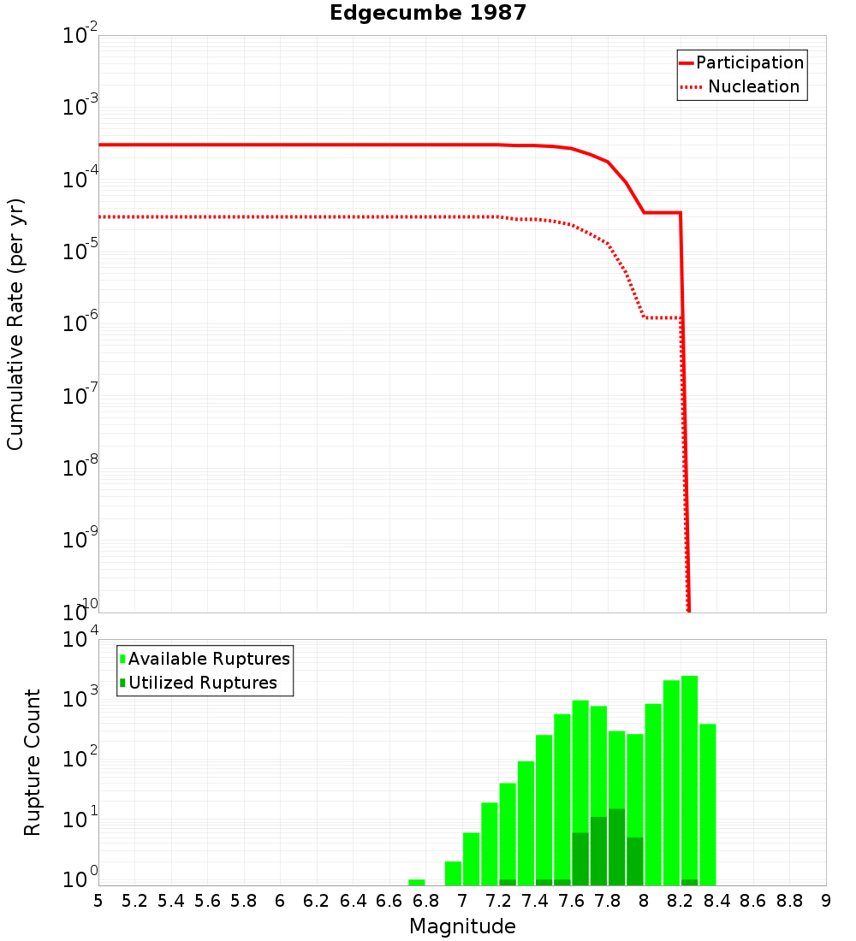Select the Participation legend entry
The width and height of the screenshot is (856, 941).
pos(749,62)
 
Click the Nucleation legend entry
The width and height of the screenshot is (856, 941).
pos(753,86)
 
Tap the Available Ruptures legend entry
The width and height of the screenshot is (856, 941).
pos(209,659)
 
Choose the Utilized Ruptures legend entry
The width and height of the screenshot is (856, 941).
pos(202,683)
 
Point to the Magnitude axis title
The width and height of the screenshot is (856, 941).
pos(462,926)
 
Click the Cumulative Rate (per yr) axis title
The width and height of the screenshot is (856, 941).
pos(15,323)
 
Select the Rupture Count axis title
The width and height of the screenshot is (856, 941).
pos(33,762)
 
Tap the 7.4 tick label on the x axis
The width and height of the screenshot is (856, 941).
pos(535,901)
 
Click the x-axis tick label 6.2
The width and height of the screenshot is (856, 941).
pos(317,901)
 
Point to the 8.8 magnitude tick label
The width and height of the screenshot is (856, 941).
pos(789,901)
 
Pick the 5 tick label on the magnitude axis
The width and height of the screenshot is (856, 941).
pos(98,901)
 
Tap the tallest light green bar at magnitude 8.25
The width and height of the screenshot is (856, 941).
pos(690,778)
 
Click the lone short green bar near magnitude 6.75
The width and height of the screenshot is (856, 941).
pos(417,882)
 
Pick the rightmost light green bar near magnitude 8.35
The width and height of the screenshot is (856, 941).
pos(708,804)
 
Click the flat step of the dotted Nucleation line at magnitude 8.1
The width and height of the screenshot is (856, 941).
pos(663,317)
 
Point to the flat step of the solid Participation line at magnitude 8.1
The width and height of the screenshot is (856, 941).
pos(663,212)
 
